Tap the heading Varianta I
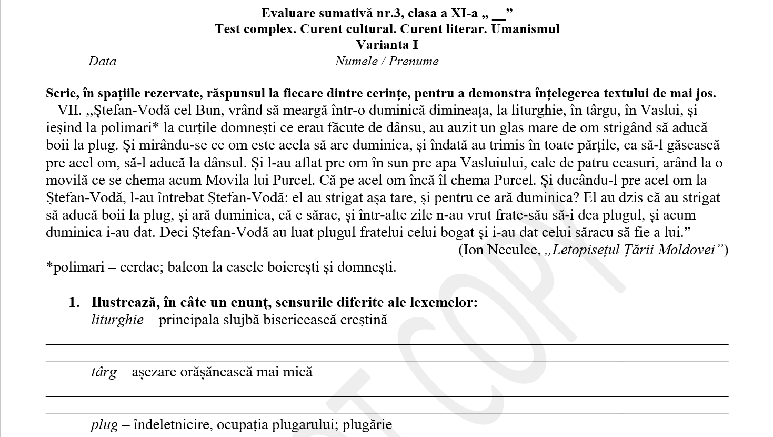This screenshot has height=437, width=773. tap(387, 45)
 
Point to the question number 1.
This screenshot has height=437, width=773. tap(74, 303)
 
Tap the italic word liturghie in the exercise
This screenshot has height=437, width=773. tap(117, 320)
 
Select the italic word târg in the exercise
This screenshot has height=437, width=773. tap(104, 372)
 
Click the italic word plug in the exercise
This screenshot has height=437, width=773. tap(104, 425)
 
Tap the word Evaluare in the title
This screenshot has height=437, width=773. tap(290, 13)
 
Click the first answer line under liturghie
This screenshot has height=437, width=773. tap(387, 343)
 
